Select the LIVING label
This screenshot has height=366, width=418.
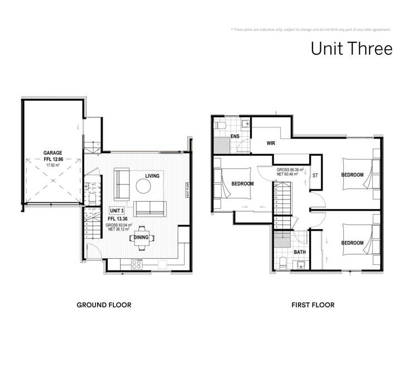pos(152,176)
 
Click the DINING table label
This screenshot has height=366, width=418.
pos(141,237)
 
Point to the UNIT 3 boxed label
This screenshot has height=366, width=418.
pos(116,210)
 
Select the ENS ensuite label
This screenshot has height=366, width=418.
pos(235,136)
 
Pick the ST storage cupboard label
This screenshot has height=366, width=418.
pos(315,175)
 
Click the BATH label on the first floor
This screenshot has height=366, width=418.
pos(300,252)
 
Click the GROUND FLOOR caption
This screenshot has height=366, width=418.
pos(104,305)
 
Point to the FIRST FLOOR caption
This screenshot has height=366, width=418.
pos(313,305)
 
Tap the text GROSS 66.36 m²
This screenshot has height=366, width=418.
pos(290,169)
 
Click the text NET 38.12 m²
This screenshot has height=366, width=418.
pos(121,229)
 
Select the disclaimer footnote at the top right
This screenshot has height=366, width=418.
pos(310,30)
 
